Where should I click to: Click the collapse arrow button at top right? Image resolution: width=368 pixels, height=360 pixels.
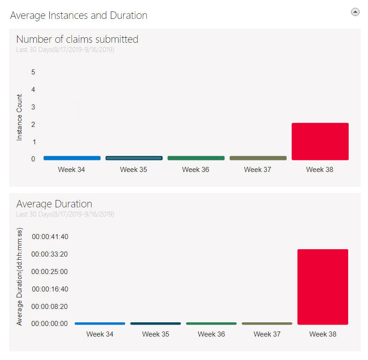355,12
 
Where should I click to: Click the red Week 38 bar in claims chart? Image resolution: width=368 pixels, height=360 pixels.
320,141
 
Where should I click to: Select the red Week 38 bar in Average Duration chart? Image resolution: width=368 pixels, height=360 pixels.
322,287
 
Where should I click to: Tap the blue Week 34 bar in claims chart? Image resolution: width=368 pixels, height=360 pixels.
72,158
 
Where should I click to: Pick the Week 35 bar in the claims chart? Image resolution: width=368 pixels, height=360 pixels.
134,158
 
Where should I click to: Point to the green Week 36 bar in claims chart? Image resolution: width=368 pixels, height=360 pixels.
196,158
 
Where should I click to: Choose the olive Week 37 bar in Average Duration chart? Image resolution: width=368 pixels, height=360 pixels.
267,324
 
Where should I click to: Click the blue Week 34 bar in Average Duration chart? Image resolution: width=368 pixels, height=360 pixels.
100,324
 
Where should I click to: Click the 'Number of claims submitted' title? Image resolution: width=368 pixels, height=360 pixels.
77,39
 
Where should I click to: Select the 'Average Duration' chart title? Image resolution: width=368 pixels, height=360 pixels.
54,204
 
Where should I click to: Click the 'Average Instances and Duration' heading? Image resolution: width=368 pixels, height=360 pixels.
79,15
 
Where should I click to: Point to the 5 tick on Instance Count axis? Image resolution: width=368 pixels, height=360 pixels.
33,72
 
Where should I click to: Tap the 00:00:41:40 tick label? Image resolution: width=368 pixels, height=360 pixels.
50,237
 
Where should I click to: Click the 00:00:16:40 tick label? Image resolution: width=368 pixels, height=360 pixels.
50,289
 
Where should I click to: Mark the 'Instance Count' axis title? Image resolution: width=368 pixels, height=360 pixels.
19,117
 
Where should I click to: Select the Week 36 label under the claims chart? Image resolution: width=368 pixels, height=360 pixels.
195,170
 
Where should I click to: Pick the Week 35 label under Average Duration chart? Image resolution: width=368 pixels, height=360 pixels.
155,334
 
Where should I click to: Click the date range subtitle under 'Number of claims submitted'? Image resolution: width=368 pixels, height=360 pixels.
65,50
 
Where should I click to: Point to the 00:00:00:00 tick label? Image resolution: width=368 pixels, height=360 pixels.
50,324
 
